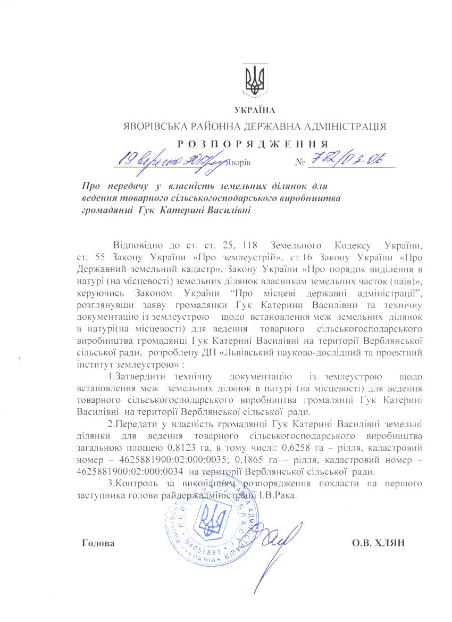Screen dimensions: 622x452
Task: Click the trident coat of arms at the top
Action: point(254,81)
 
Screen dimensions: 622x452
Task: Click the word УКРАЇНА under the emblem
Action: point(255,110)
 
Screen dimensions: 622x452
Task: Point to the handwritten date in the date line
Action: point(172,159)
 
